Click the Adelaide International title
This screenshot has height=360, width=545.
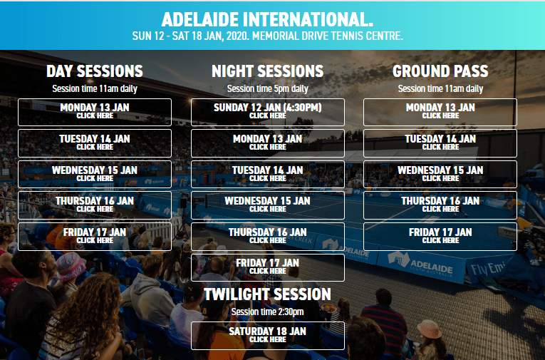point(267,20)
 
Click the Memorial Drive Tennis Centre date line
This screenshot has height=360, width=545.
point(268,36)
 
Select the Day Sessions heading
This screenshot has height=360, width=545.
point(95,71)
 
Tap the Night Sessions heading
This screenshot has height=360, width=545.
point(268,71)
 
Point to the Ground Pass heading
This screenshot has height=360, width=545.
point(440,71)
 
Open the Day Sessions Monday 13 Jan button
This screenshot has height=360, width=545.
point(95,112)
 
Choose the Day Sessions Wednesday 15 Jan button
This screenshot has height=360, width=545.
point(95,174)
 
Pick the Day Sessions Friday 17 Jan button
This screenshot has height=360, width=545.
point(95,236)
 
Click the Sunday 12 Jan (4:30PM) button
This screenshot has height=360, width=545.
point(268,112)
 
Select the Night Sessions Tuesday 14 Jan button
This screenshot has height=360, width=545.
point(268,174)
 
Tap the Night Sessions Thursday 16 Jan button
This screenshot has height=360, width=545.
point(268,236)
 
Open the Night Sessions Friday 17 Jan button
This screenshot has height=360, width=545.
point(268,267)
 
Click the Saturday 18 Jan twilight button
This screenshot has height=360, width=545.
point(268,336)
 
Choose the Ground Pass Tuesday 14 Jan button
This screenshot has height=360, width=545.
point(440,143)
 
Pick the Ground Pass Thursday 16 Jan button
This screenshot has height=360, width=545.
point(440,205)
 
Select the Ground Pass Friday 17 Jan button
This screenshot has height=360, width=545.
point(440,236)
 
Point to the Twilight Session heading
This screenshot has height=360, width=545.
point(268,294)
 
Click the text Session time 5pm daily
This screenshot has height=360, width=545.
point(268,89)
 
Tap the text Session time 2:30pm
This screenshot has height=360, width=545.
point(268,312)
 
